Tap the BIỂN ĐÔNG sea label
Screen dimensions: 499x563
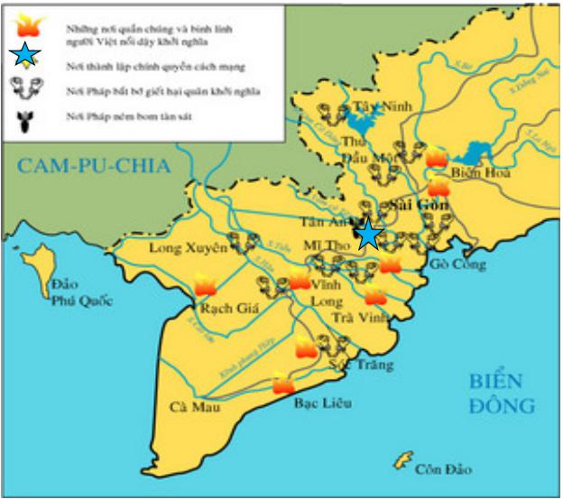pos(501,393)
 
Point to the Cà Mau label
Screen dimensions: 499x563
pos(193,407)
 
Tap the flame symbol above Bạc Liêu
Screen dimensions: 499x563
pos(283,383)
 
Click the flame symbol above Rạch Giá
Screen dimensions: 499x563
pos(205,287)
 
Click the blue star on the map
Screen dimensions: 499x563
pos(368,234)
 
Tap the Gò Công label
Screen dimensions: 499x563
pos(457,264)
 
